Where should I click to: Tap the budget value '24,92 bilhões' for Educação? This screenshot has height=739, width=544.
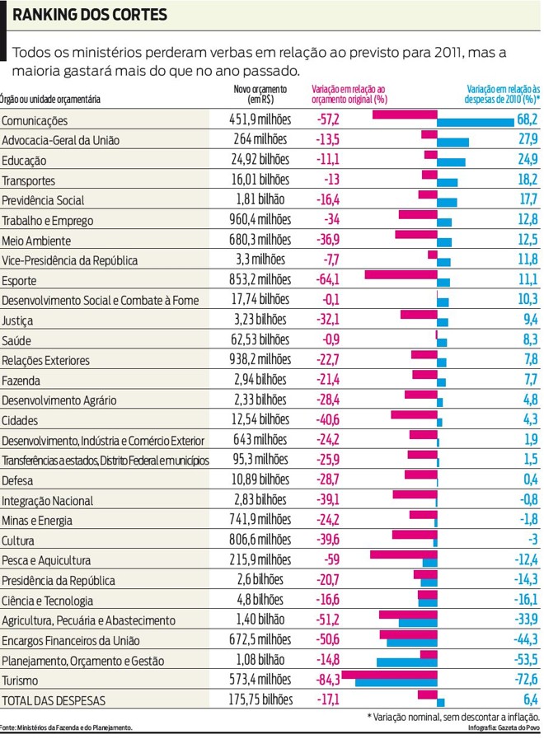coord(260,160)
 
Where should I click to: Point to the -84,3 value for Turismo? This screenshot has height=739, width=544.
coord(328,680)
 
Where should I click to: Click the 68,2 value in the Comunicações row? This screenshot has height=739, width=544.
coord(527,120)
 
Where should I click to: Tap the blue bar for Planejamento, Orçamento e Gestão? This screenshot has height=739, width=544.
coord(406,662)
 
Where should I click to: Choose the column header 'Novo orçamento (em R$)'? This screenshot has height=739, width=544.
coord(260,94)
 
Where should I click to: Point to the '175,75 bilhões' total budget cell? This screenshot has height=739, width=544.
coord(260,699)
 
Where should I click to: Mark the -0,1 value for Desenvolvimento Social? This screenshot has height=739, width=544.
coord(328,300)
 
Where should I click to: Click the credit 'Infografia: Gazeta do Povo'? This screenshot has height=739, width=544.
coord(503,728)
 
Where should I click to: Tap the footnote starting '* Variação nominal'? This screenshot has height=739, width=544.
coord(453,717)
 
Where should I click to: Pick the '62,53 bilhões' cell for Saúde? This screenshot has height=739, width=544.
coord(260,339)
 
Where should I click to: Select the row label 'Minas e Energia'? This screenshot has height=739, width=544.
coord(37,521)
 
